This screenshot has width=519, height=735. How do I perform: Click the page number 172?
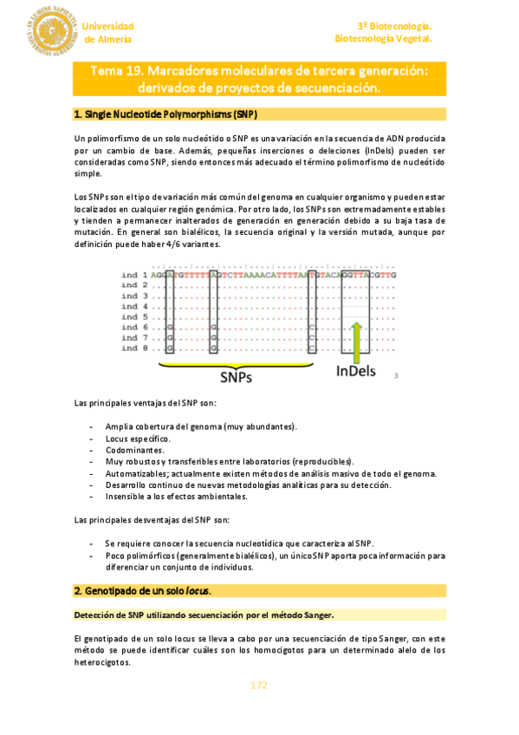[259, 685]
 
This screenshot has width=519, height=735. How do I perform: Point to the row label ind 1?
[134, 274]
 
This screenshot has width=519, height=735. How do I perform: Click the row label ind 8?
[134, 348]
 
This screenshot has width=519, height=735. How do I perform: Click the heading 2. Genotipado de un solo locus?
[143, 591]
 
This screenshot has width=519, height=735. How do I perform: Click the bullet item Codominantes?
[134, 451]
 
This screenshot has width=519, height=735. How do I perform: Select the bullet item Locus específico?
[138, 439]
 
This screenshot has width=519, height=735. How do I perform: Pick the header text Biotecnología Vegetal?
[383, 39]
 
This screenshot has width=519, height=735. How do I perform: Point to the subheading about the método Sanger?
[204, 615]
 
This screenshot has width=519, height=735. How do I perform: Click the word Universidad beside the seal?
[108, 26]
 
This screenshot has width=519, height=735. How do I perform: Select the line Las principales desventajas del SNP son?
[152, 520]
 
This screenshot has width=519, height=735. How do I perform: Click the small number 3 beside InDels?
[396, 376]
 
